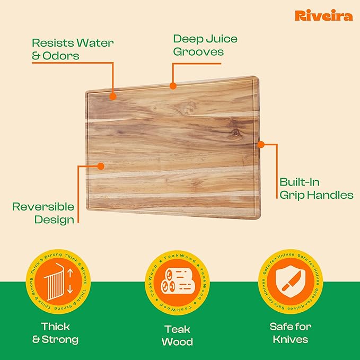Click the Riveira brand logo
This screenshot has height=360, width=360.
[x=323, y=16]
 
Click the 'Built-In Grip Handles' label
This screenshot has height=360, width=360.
[x=316, y=188]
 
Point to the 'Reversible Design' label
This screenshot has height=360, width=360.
[x=43, y=213]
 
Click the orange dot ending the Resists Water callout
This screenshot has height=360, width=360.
[x=112, y=96]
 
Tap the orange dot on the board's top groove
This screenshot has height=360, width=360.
[x=172, y=85]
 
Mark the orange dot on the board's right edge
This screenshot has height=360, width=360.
[x=260, y=144]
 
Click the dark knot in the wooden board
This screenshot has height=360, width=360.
[x=235, y=134]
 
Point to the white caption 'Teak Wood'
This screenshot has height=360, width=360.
[x=177, y=334]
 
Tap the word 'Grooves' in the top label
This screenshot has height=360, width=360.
[x=198, y=52]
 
